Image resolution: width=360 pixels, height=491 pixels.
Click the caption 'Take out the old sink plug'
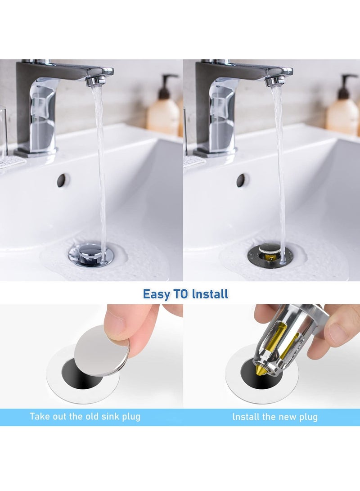point(85,416)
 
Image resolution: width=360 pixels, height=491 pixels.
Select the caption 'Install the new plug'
point(275,417)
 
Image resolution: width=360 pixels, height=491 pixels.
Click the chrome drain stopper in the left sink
point(90,253)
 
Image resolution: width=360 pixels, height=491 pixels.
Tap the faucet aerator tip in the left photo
point(96,81)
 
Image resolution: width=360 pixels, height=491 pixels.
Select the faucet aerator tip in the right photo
point(275,81)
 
